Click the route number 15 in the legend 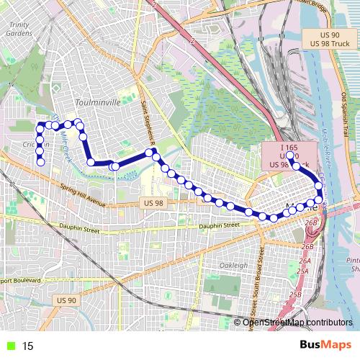tap(27, 346)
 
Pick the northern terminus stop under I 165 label tap(289, 156)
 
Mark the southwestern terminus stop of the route tap(41, 163)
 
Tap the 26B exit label tap(311, 224)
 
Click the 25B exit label tap(294, 294)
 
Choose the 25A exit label tap(302, 271)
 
